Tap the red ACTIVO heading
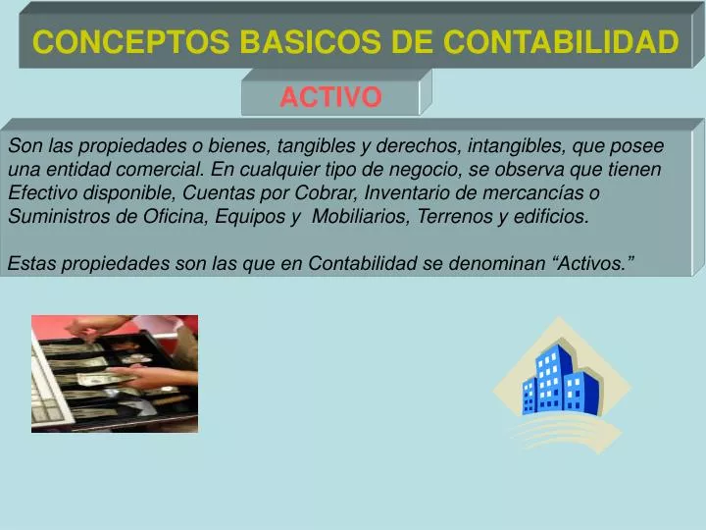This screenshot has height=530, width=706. click(330, 97)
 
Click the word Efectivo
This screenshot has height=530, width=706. click(39, 193)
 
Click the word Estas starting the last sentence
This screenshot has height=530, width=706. click(30, 263)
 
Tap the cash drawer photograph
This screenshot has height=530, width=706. click(114, 373)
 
